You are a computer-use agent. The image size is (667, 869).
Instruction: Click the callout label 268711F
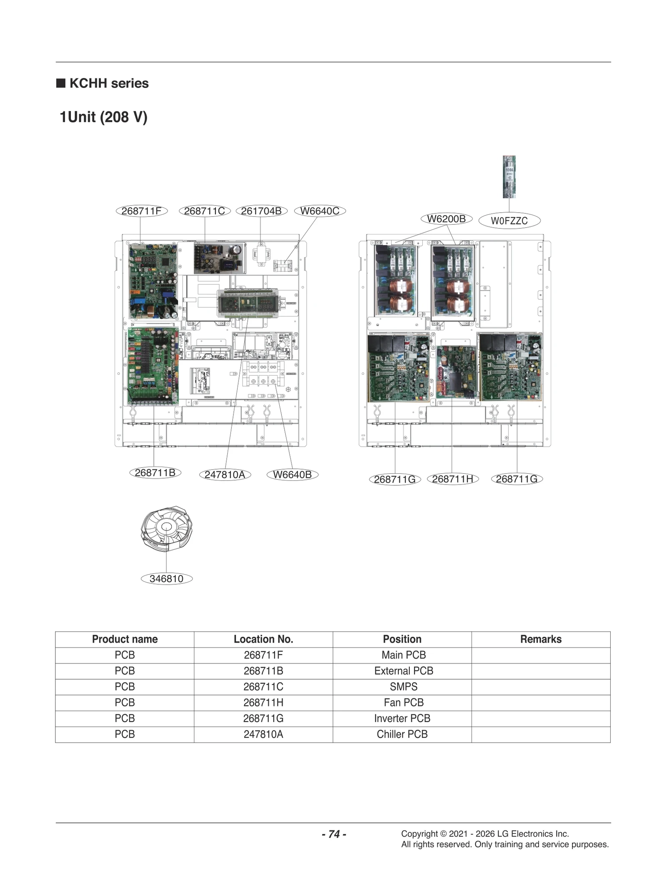click(x=141, y=211)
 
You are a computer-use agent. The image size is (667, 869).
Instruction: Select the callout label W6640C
click(x=320, y=211)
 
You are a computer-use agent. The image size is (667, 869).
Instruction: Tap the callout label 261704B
click(x=261, y=211)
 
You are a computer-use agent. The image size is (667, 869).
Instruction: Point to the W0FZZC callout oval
click(x=509, y=221)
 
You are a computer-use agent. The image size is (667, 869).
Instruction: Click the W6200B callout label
click(x=446, y=219)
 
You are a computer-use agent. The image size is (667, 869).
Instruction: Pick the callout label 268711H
click(x=453, y=479)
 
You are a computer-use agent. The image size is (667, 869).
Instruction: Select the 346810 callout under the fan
click(x=166, y=579)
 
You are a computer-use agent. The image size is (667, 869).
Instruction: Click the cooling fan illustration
click(x=167, y=529)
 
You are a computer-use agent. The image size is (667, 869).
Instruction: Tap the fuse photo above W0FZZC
click(x=509, y=177)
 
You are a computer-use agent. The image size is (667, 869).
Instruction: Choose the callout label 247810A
click(x=225, y=475)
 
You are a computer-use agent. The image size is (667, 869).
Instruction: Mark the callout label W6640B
click(x=292, y=475)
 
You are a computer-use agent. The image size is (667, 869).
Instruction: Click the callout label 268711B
click(x=155, y=472)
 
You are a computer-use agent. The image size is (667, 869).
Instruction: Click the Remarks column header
click(x=541, y=639)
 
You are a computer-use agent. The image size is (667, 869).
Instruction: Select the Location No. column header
click(x=263, y=639)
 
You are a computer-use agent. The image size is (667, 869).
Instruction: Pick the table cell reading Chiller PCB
click(x=402, y=734)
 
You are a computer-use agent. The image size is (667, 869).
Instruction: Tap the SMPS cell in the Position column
click(x=403, y=687)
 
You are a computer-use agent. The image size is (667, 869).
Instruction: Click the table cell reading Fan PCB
click(x=403, y=703)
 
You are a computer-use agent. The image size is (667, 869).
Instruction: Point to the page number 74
click(x=334, y=834)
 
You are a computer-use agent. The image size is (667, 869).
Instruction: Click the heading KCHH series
click(x=109, y=83)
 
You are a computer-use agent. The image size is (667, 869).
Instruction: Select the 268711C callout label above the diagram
click(x=204, y=211)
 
